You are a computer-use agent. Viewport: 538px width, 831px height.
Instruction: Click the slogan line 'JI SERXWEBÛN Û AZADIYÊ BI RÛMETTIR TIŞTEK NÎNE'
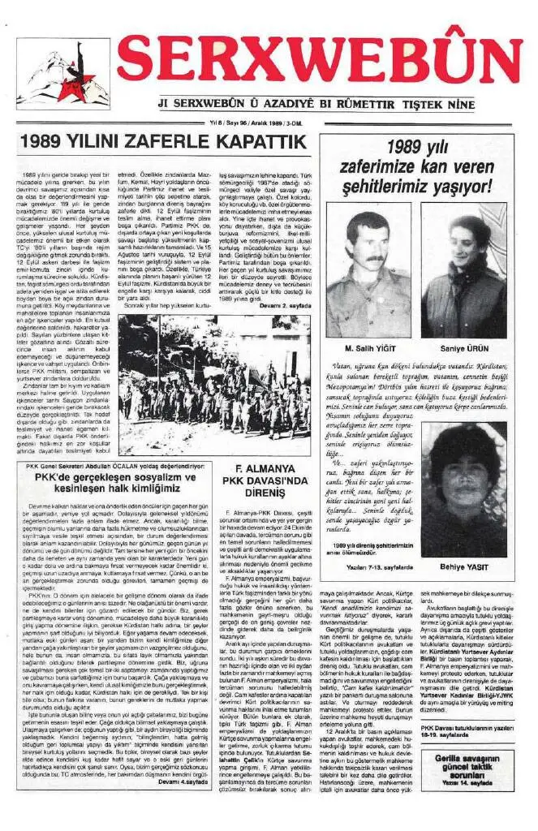[338, 105]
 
